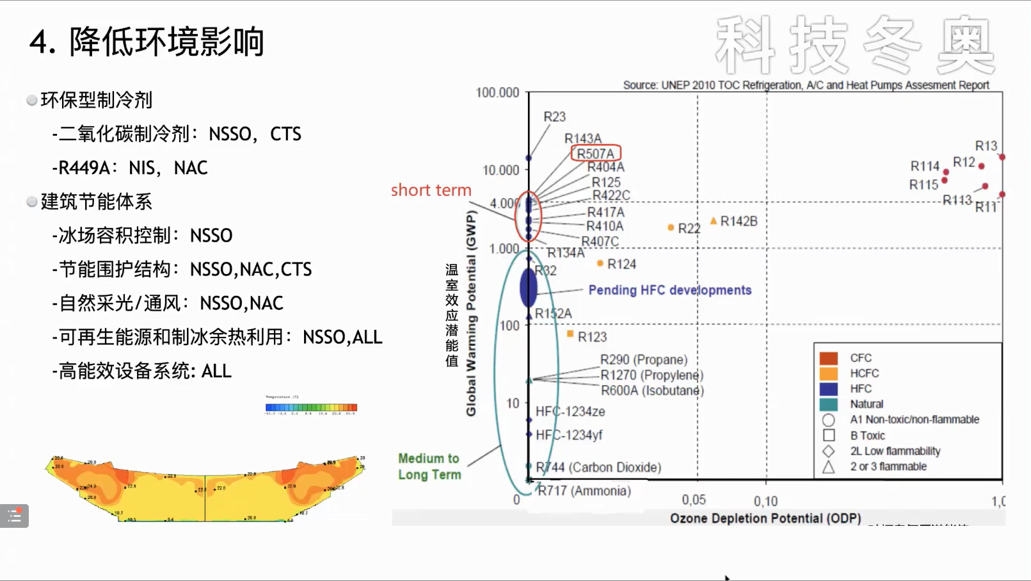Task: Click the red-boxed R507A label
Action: click(595, 154)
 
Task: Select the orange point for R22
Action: click(671, 227)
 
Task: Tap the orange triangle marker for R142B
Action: click(714, 221)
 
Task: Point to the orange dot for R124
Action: click(600, 263)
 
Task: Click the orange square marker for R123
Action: click(570, 334)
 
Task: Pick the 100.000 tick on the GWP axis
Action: click(497, 93)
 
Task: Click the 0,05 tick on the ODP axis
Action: click(694, 500)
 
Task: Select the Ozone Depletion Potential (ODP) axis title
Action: click(765, 518)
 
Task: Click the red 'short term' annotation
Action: click(431, 190)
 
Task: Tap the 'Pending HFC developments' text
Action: click(669, 290)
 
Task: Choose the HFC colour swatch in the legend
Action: click(828, 389)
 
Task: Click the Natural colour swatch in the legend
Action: click(828, 404)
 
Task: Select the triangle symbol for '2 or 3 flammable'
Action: click(828, 467)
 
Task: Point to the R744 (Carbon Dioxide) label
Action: click(598, 468)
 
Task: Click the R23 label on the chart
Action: click(554, 117)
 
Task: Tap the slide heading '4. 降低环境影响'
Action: click(147, 42)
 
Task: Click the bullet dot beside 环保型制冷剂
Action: click(31, 100)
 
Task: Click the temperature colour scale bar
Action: click(311, 407)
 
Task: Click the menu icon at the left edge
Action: click(14, 516)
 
